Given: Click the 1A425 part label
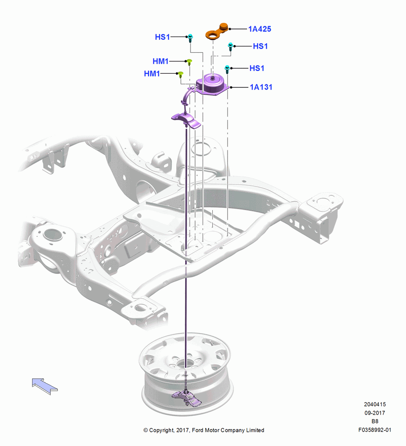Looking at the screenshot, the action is pos(260,29).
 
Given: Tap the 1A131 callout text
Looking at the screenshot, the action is pos(261,87).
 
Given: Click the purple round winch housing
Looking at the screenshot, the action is pos(213,84).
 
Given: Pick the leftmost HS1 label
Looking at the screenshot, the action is pos(162,37).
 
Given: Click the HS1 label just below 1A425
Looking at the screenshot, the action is pos(260,46).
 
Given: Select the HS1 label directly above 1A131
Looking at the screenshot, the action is pos(257,68).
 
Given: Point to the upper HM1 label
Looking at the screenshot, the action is pos(160,61).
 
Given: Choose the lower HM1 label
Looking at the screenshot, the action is pos(152,74).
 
